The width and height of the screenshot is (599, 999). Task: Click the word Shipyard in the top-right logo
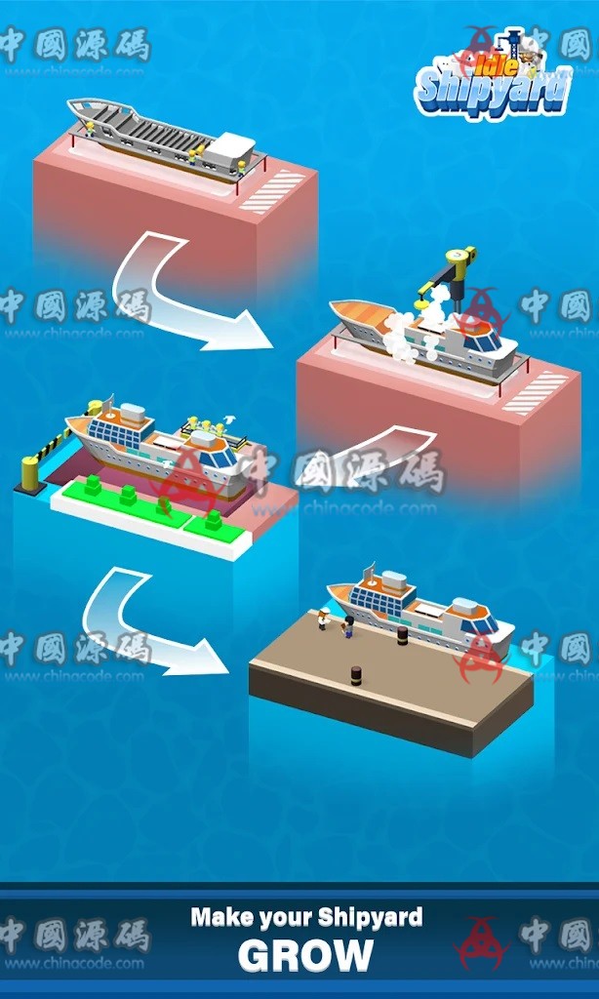click(x=492, y=93)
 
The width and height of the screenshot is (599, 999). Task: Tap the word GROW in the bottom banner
click(x=305, y=955)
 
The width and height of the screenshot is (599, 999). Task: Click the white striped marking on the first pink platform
click(x=272, y=190)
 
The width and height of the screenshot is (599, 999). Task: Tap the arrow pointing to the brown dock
click(x=146, y=625)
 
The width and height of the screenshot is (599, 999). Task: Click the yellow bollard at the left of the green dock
click(x=30, y=473)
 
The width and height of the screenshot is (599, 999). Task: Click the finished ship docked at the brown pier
click(x=419, y=609)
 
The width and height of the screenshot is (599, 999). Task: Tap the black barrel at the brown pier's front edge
click(x=356, y=674)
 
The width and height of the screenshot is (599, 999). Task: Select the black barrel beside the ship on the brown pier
click(x=401, y=635)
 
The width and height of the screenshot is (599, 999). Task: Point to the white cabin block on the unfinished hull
click(x=231, y=147)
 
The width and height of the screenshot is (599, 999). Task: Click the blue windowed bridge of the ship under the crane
click(x=482, y=340)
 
